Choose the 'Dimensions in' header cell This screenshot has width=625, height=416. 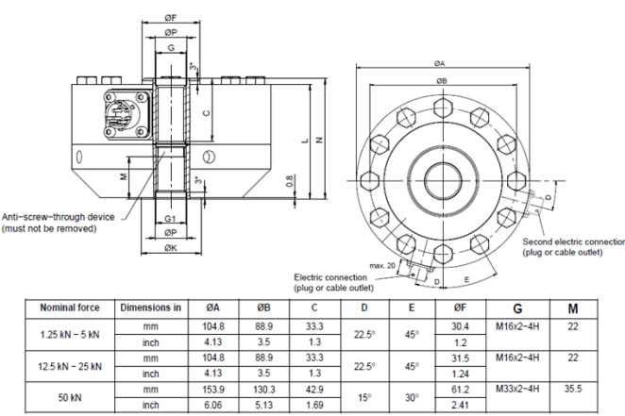pyautogui.click(x=150, y=308)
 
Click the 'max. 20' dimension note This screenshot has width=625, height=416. pyautogui.click(x=383, y=265)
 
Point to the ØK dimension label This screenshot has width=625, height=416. pyautogui.click(x=171, y=248)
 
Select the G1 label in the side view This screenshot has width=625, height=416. pyautogui.click(x=171, y=218)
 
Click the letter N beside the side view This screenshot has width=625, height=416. pyautogui.click(x=320, y=141)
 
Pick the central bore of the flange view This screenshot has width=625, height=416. pyautogui.click(x=442, y=176)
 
